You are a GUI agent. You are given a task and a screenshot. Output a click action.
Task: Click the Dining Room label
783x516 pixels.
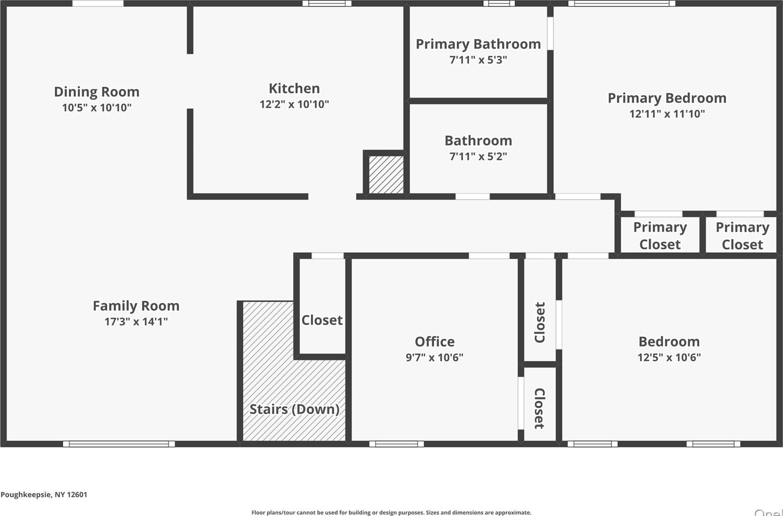click(97, 92)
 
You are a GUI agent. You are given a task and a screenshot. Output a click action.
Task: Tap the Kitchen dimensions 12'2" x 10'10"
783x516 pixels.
click(294, 104)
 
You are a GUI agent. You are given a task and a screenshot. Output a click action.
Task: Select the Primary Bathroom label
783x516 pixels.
click(478, 44)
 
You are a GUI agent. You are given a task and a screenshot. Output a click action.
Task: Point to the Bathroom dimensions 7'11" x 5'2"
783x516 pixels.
click(478, 156)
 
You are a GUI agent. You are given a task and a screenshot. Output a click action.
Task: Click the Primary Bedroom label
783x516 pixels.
click(667, 98)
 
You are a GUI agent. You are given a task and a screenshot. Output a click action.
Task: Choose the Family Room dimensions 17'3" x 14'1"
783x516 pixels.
click(136, 322)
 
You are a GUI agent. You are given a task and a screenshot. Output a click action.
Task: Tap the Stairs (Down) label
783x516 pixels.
click(294, 409)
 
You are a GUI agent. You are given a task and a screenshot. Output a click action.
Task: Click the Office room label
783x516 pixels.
click(434, 342)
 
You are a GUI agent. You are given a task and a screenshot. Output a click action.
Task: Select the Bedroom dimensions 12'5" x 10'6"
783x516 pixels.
click(669, 357)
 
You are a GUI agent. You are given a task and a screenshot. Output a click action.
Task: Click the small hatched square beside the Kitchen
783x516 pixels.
click(386, 174)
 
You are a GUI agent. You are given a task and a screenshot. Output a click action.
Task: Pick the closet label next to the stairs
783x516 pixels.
click(322, 320)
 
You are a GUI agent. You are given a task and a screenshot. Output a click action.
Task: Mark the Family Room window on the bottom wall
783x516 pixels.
click(119, 444)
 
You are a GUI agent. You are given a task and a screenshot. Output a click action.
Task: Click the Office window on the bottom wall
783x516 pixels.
click(396, 444)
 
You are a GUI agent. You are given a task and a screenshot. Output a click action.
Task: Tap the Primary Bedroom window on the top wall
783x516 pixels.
click(622, 4)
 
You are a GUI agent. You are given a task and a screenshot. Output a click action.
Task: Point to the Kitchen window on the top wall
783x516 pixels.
click(327, 4)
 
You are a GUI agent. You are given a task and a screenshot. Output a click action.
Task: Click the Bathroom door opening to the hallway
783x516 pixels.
click(472, 197)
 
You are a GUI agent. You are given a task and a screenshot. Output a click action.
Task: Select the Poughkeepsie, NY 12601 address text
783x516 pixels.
click(44, 494)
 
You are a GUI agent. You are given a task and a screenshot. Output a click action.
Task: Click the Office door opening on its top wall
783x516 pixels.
click(488, 256)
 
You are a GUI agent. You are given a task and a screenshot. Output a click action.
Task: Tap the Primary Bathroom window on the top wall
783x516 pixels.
click(499, 4)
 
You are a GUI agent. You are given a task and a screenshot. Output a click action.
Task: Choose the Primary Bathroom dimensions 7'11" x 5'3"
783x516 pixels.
click(478, 60)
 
